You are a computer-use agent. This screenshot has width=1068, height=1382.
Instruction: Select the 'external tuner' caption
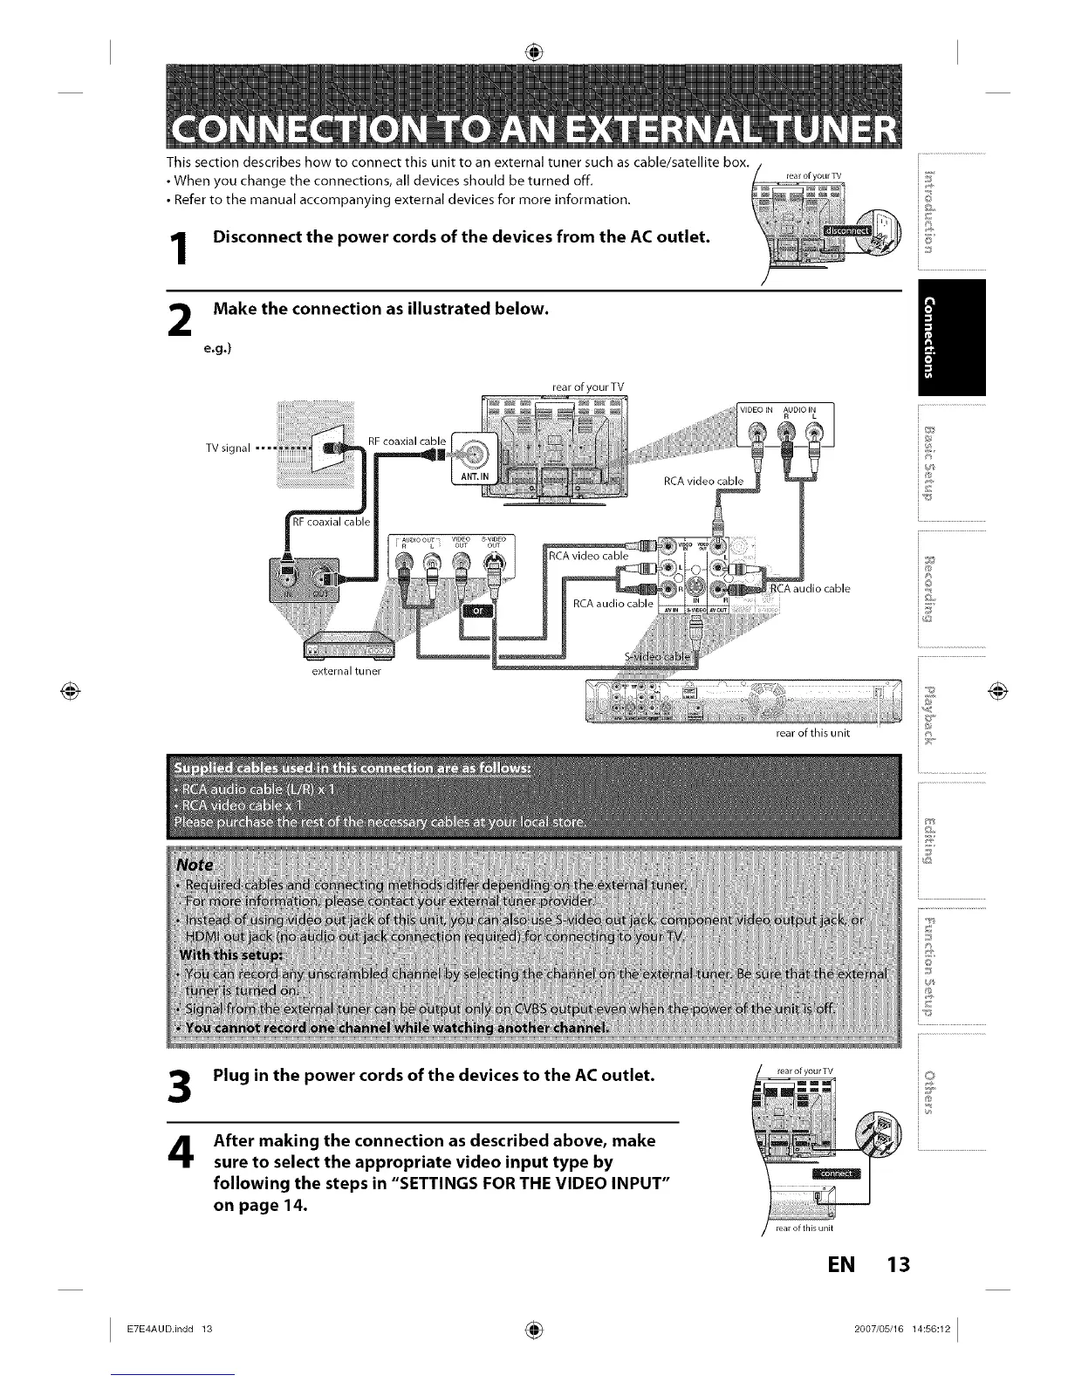[347, 672]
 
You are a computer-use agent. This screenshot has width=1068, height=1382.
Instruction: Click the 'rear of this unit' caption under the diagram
[811, 733]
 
